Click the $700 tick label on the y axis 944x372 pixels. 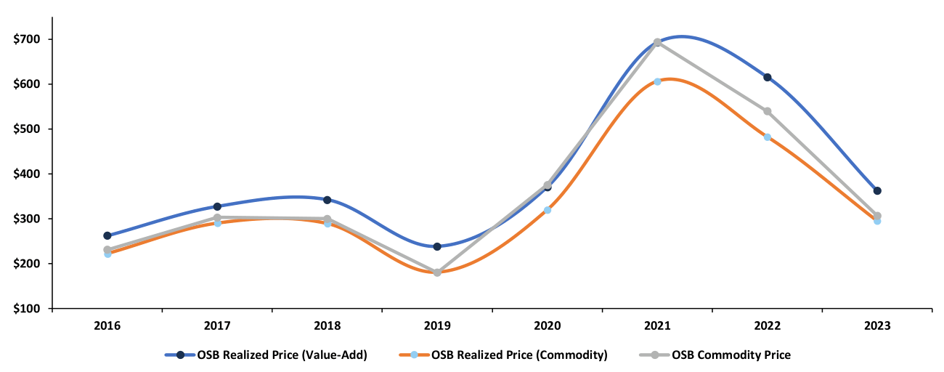pos(28,39)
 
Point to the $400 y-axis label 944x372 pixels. pos(28,174)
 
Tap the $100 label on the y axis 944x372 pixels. pos(28,309)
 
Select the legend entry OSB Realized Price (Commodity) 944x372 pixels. pos(518,355)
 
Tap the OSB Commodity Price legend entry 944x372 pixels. pos(731,355)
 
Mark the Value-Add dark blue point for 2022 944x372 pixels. pos(767,77)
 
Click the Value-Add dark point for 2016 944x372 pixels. pos(107,235)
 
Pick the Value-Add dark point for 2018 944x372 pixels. pos(327,200)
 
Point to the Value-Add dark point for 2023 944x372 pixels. pos(877,190)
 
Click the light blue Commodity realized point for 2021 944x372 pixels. pos(657,81)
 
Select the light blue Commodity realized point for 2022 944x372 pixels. pos(767,137)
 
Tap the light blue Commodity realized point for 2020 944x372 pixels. pos(548,210)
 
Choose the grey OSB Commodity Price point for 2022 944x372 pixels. pos(767,111)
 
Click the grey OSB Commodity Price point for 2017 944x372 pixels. pos(217,217)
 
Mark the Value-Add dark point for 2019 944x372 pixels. pos(437,246)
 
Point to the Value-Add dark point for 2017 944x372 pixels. pos(217,206)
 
